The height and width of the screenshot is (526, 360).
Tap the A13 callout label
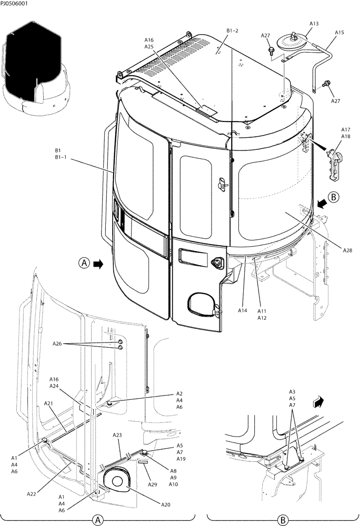pos(314,24)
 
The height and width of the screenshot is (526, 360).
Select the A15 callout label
pos(339,33)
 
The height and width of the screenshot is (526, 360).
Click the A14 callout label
pos(242,311)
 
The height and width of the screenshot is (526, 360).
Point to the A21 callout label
pos(48,403)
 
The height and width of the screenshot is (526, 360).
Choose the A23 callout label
pos(117,435)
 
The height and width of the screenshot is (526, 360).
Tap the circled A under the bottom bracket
pos(97,520)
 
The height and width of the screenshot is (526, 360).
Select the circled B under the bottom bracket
pos(283,520)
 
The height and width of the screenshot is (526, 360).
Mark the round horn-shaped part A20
pos(116,479)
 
